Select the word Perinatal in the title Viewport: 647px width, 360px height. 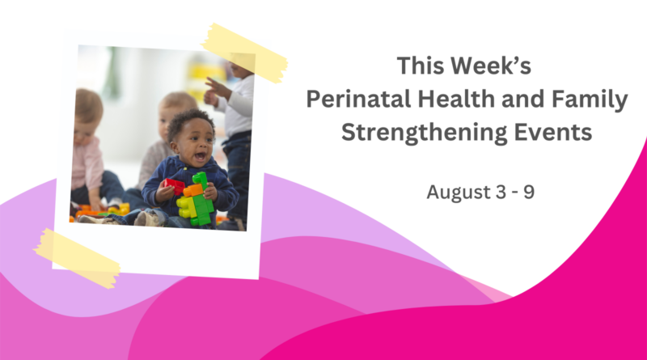[x=358, y=99]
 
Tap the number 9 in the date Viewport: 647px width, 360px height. [x=529, y=192]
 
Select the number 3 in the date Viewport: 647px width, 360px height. [x=501, y=192]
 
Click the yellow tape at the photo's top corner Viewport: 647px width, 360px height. [x=244, y=53]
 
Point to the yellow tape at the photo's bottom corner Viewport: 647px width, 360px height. [x=77, y=258]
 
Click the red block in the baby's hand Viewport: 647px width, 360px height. [x=174, y=186]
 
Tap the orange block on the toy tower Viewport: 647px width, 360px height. [x=193, y=190]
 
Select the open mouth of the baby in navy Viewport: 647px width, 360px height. [x=200, y=156]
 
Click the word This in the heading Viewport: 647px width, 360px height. [x=420, y=66]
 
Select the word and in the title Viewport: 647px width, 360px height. [x=523, y=99]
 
